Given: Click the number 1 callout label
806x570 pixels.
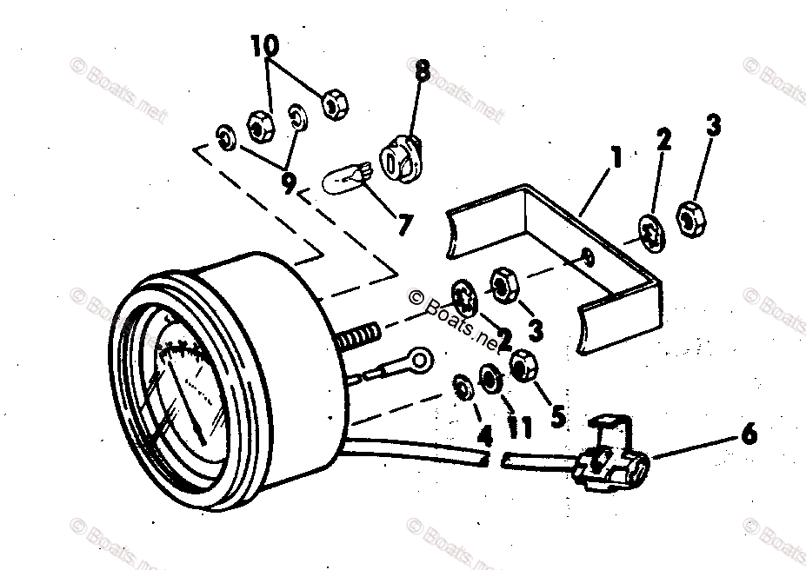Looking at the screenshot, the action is point(616,158).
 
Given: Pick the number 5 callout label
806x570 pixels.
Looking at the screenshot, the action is point(558,415).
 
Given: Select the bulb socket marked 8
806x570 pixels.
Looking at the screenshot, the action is point(401,162).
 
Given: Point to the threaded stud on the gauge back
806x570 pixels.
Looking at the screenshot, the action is point(357,335).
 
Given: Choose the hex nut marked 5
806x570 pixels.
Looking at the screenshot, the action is point(523,367).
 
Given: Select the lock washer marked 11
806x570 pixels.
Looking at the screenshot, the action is point(490,378).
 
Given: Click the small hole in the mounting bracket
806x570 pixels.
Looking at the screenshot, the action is point(589,256).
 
